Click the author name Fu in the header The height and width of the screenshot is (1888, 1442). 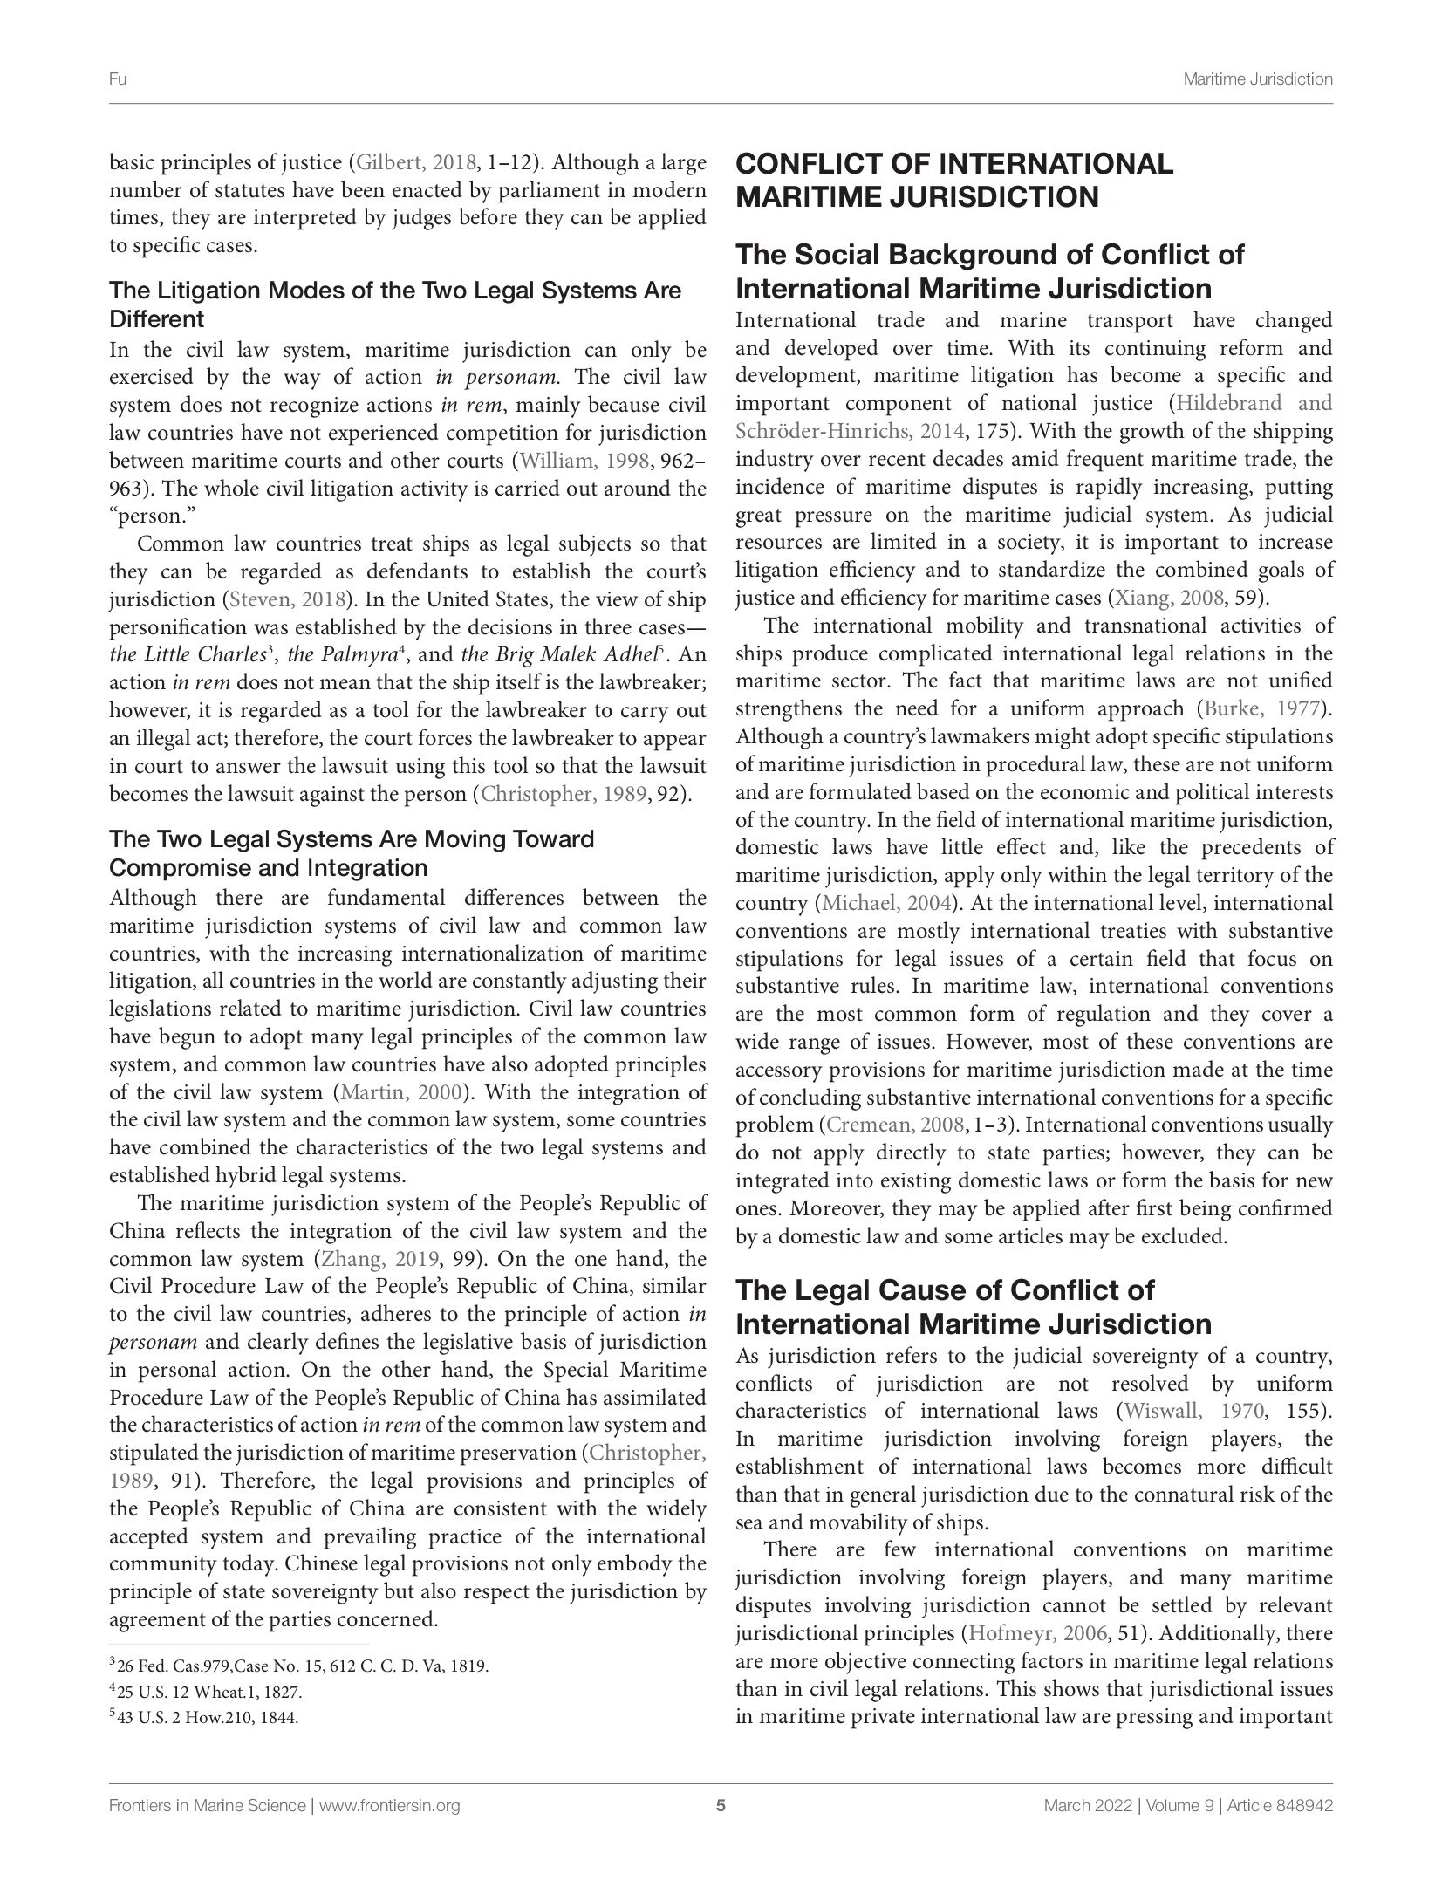(118, 79)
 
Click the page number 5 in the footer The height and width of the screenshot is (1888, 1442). (721, 1806)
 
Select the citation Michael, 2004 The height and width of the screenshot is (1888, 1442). (888, 902)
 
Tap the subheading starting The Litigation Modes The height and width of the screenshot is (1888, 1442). (394, 304)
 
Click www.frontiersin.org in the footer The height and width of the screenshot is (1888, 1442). (390, 1806)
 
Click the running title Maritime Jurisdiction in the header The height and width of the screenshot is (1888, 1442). (1257, 79)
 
